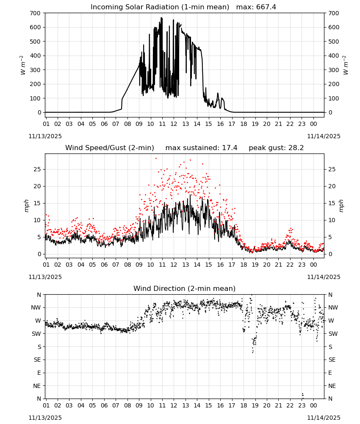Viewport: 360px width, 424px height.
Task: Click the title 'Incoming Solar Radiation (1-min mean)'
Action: point(160,7)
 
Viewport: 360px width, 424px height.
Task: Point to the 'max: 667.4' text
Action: point(256,7)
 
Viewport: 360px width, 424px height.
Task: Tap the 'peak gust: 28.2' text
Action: point(276,148)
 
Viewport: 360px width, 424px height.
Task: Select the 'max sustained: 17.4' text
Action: point(201,148)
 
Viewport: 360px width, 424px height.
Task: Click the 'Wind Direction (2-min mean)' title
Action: point(185,288)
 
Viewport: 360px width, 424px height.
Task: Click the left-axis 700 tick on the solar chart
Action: point(35,13)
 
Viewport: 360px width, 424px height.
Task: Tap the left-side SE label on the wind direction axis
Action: point(37,360)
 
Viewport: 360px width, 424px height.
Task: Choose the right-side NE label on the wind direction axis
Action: point(332,386)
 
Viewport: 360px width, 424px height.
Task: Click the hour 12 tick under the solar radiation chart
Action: point(174,124)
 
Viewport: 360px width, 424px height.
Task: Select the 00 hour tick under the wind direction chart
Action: point(313,405)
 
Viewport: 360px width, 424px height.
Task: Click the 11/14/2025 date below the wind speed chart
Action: point(324,277)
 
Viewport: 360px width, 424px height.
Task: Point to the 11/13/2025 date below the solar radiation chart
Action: point(45,136)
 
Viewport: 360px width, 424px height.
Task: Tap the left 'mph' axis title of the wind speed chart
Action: point(26,206)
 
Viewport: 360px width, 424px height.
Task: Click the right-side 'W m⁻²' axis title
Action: point(346,65)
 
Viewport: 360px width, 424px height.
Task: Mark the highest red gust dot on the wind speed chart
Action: point(156,159)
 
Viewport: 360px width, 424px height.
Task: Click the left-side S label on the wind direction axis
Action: point(39,347)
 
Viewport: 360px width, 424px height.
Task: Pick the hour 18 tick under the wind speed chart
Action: point(244,265)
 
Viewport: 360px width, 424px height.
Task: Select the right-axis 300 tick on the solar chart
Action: point(334,70)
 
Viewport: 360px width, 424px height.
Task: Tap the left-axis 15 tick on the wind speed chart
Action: point(37,203)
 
